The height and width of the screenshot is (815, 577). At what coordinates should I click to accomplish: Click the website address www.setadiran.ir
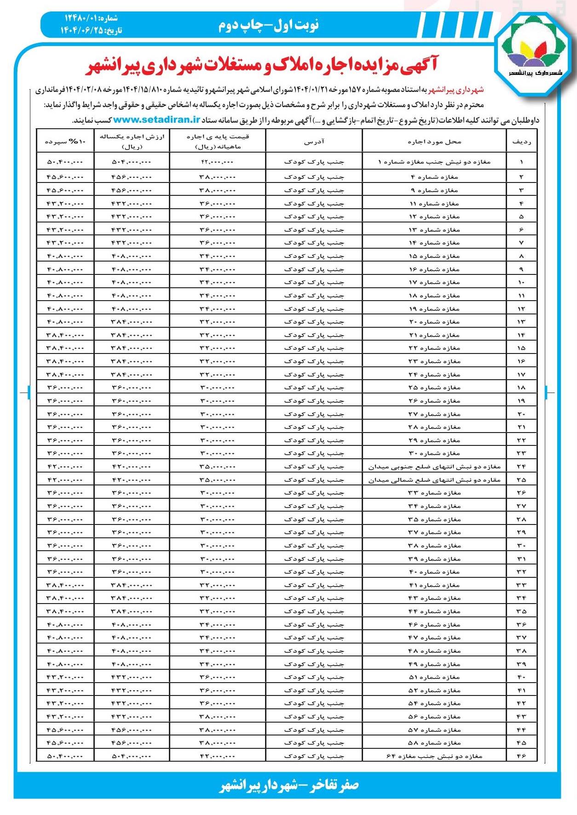[156, 120]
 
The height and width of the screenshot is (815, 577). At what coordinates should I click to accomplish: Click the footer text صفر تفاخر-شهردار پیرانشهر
[288, 785]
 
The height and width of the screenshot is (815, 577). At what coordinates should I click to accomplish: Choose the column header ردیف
[521, 142]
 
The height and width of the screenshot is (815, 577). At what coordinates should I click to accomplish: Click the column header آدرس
[314, 142]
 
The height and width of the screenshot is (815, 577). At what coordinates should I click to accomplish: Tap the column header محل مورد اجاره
[434, 142]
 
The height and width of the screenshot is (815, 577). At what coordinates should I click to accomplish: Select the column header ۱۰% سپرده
[65, 142]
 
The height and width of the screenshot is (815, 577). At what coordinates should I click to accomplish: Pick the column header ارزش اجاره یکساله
[132, 142]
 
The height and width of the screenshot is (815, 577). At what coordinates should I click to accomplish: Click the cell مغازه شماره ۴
[434, 177]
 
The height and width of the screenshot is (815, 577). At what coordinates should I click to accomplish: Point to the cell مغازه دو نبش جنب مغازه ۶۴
[434, 756]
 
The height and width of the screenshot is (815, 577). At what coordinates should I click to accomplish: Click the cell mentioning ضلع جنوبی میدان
[434, 467]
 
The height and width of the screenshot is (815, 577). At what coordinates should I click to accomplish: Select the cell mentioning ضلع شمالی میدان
[434, 480]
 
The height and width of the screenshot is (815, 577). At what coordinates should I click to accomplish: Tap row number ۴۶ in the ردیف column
[521, 756]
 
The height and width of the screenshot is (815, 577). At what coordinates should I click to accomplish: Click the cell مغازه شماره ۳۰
[434, 453]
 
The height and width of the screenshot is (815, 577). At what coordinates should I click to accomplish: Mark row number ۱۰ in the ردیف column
[521, 282]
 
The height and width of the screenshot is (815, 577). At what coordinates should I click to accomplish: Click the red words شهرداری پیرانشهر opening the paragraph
[456, 90]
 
